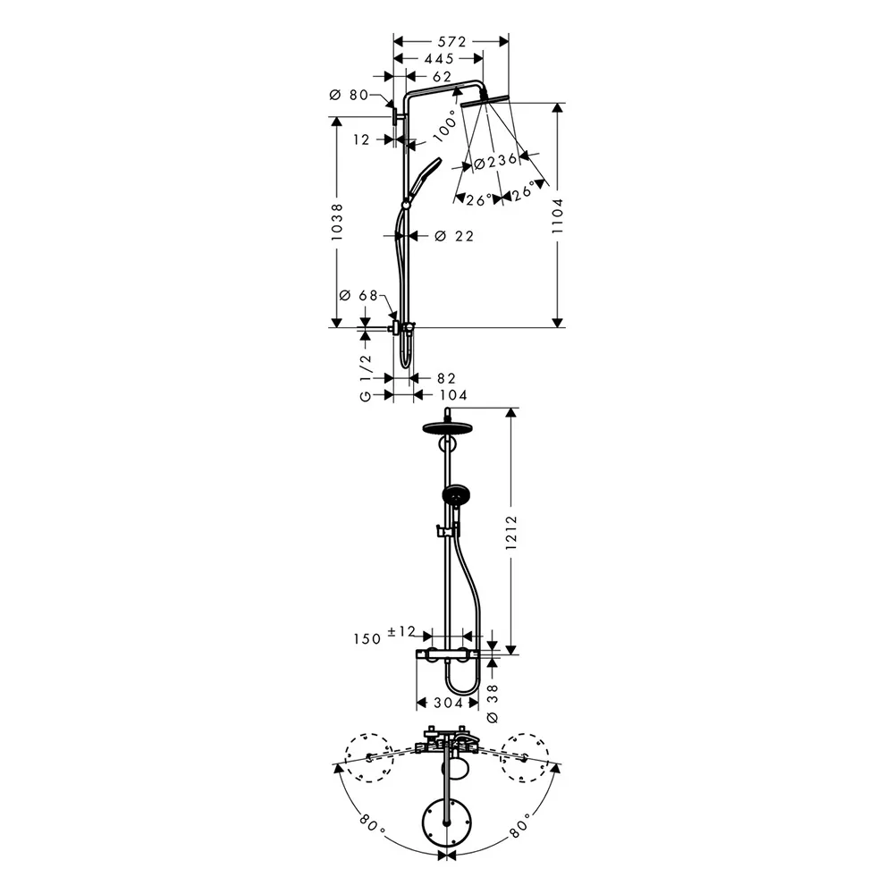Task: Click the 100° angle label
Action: pos(441,128)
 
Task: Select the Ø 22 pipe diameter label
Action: pos(453,236)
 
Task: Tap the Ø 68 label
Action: pos(356,296)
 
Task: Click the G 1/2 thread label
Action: pos(365,376)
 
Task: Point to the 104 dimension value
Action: pos(452,394)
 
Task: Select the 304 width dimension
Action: pos(449,703)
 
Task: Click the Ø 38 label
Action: pos(490,702)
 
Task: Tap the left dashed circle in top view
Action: pos(368,757)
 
